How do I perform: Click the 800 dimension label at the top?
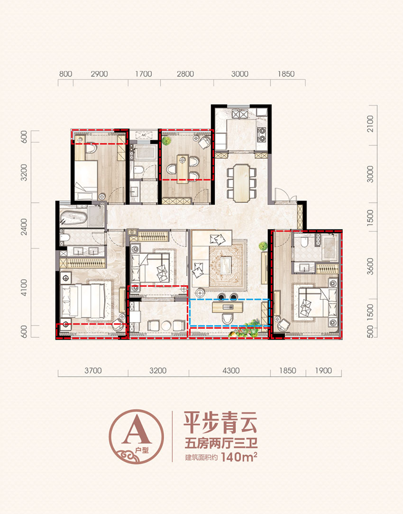[66, 74]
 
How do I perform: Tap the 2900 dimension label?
[100, 74]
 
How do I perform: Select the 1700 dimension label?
[143, 74]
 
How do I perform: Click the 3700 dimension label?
[93, 371]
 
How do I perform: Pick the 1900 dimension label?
[323, 371]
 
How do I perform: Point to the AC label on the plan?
[143, 135]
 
